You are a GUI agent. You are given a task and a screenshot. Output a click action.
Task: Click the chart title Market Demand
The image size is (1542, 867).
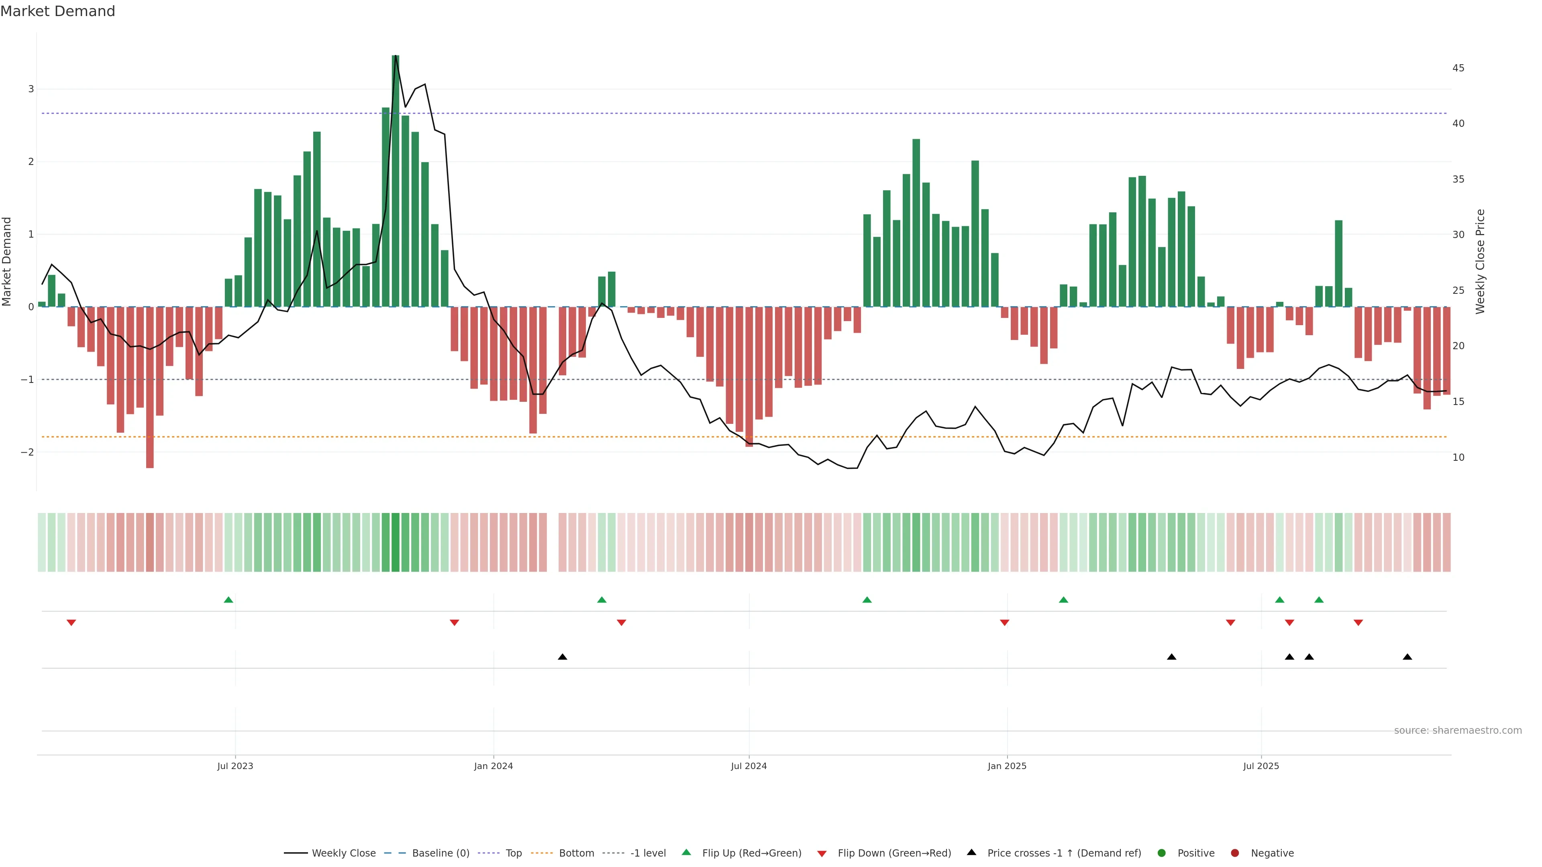57,11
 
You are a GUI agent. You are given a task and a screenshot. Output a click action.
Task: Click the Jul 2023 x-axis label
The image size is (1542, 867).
235,766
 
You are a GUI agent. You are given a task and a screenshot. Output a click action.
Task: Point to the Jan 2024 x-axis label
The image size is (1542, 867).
493,766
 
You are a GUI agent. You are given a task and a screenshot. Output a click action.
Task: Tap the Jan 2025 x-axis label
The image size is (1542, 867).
1007,766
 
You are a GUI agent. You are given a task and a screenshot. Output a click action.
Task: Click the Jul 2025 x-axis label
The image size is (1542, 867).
1261,766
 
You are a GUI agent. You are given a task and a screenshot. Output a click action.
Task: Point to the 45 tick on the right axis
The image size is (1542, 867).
1458,68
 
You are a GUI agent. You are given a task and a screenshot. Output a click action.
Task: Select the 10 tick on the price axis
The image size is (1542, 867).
1458,458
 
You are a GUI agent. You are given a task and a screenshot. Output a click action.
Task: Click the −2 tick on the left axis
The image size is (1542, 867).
27,452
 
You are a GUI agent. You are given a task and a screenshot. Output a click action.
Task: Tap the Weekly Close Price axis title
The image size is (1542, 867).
1480,261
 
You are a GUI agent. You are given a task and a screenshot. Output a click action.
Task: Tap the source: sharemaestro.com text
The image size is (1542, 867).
1458,731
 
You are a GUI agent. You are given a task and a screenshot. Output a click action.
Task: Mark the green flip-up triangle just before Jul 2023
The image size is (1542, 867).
228,600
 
